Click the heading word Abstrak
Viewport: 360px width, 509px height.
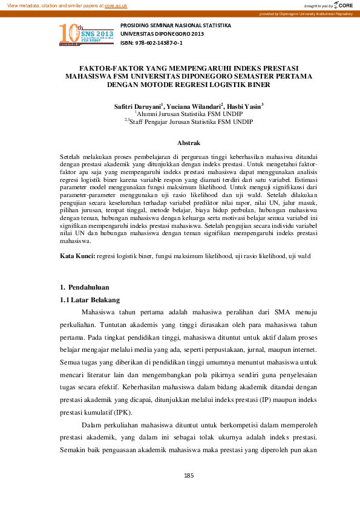coord(188,143)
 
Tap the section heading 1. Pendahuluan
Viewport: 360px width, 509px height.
coord(88,285)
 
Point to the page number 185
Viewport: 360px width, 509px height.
coord(188,476)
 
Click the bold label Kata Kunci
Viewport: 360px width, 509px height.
coord(77,256)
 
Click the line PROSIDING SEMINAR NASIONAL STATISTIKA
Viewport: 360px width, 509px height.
coord(176,26)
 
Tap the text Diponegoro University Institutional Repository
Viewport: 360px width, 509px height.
coord(316,13)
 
